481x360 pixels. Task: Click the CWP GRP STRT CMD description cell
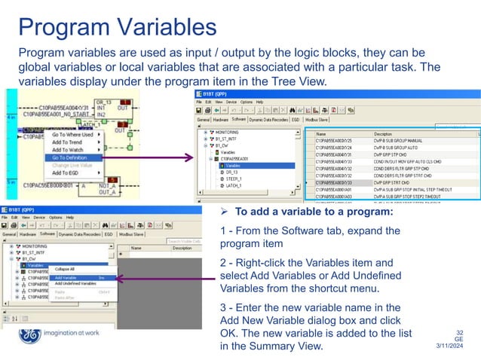coord(397,182)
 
